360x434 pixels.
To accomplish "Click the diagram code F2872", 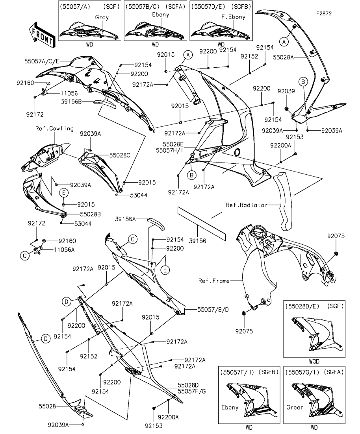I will coord(324,13).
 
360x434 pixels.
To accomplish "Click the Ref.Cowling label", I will coord(54,129).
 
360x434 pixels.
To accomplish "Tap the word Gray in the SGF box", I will coord(102,17).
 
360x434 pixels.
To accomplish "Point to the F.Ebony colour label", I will coord(233,17).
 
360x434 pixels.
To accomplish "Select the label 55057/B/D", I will coord(213,310).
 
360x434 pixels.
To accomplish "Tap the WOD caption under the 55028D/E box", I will coord(314,361).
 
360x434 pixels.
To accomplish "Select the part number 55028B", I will coord(90,214).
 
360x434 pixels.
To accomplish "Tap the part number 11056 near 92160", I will coord(69,93).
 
